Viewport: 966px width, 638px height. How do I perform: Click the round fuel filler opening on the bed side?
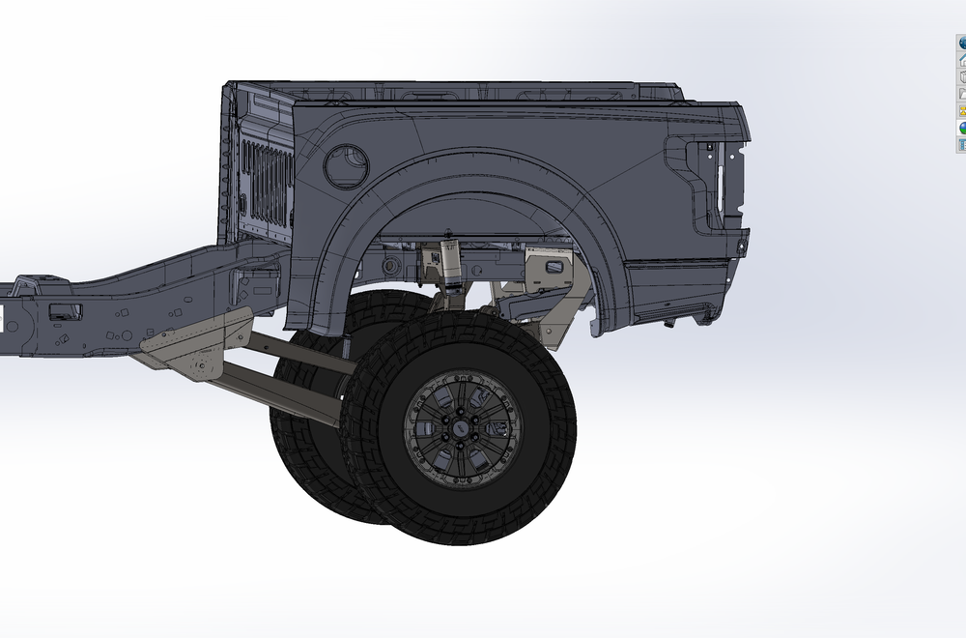[345, 165]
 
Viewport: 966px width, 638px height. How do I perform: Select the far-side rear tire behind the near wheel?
[309, 454]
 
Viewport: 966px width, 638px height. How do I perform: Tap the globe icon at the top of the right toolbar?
[962, 43]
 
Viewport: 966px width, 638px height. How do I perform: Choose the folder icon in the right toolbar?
[962, 94]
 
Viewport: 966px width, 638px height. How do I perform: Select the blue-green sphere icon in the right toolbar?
[962, 128]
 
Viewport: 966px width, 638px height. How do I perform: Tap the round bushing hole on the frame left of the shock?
[390, 265]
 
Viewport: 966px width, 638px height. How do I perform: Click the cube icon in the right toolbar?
[962, 76]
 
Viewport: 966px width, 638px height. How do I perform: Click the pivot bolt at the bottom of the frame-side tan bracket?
[201, 365]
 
